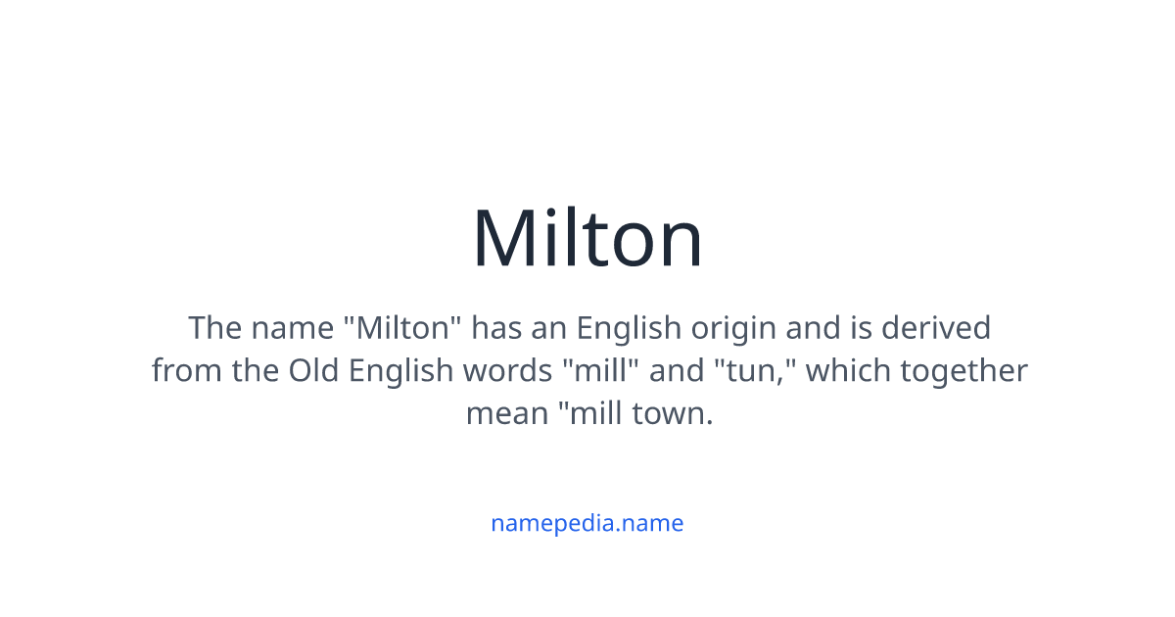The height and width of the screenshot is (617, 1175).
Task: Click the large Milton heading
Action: click(x=587, y=239)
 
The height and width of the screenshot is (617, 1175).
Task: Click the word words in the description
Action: click(x=508, y=370)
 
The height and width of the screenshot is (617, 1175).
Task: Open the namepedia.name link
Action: click(x=587, y=523)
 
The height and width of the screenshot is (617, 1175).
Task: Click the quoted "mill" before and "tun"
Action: click(x=590, y=370)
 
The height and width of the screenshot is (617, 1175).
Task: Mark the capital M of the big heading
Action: click(x=501, y=239)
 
